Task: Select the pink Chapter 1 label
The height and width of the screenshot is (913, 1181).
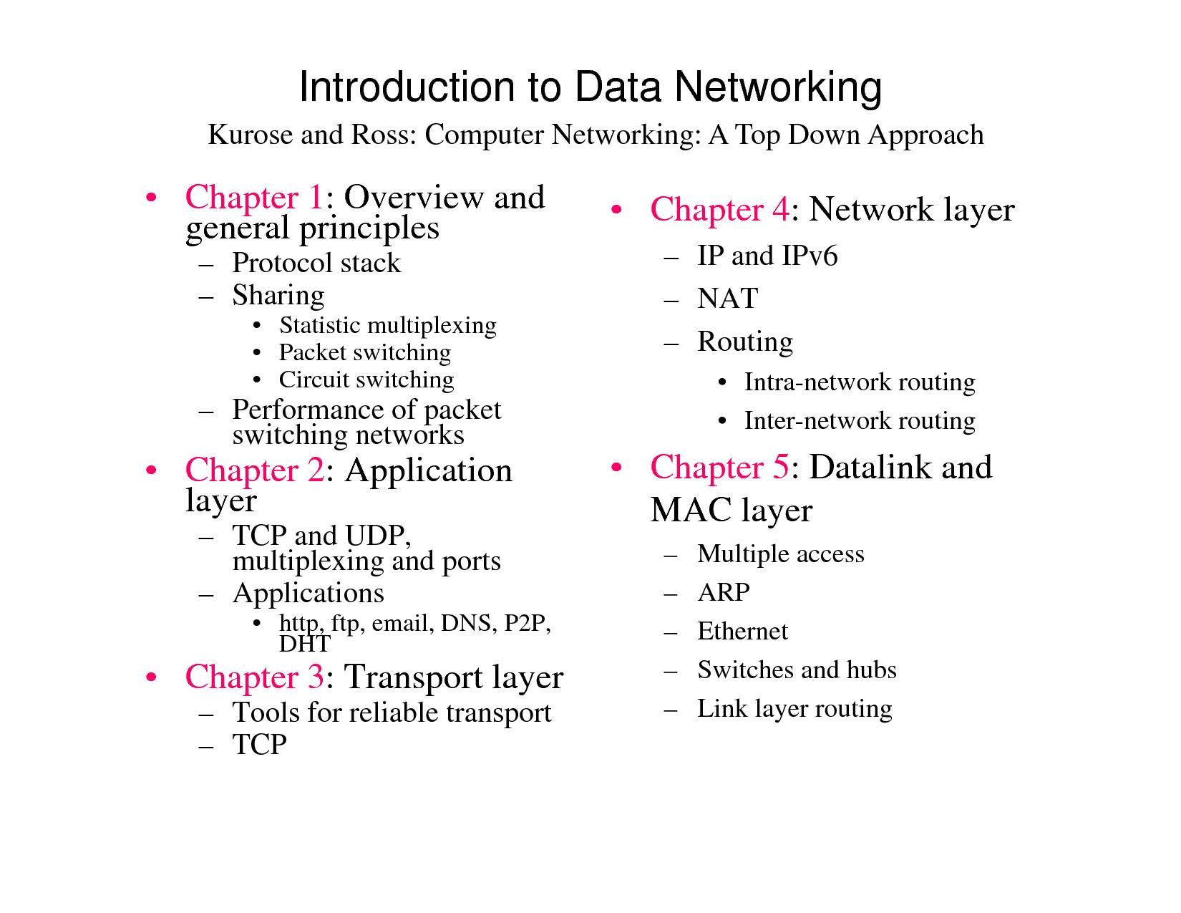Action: point(254,198)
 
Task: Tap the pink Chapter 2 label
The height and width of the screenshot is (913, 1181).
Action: point(254,470)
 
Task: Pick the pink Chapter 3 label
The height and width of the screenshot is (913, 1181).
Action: point(254,677)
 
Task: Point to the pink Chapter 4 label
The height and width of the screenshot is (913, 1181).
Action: point(719,210)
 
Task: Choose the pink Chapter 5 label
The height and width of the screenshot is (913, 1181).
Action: point(719,468)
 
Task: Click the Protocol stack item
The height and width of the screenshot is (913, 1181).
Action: point(316,264)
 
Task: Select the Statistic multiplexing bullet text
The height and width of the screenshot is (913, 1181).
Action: point(387,325)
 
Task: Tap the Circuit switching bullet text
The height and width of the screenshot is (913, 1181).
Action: point(366,380)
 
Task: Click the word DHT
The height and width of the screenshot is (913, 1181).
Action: point(304,644)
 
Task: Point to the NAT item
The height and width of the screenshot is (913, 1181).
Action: point(727,299)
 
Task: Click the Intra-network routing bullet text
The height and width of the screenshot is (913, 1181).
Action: point(859,382)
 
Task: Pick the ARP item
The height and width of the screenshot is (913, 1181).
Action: point(724,592)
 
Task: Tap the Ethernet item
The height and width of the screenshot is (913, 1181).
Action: point(742,631)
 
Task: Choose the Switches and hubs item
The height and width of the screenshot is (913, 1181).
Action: point(797,670)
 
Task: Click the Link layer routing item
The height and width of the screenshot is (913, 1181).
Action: point(794,708)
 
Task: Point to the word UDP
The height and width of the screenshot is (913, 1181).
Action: point(377,536)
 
